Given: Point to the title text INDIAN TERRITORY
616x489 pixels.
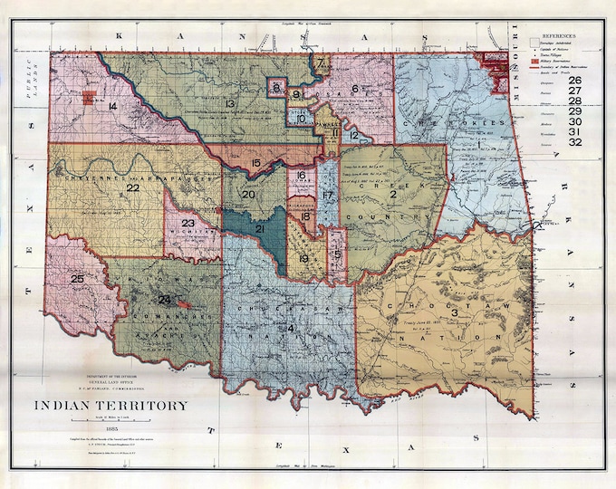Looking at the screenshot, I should coord(112,406).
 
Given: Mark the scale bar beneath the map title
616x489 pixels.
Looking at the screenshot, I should coord(112,417).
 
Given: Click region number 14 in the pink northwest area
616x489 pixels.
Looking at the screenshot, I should coord(111,107).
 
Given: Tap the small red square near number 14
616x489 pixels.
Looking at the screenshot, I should coord(89,99).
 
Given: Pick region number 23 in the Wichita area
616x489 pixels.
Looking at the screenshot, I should coord(188,223).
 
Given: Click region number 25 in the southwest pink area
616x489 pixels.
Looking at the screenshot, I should coord(77,279).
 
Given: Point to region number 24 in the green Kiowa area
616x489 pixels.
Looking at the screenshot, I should coord(165,299).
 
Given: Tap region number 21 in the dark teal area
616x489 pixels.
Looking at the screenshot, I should coord(259,229).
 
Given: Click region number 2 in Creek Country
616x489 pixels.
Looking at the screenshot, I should coord(393,194).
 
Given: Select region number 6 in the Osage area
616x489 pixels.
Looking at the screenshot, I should coord(355,88).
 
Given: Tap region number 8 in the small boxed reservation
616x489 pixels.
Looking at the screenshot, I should coord(275,87).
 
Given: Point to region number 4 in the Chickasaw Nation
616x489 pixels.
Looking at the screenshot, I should coord(291,327).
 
